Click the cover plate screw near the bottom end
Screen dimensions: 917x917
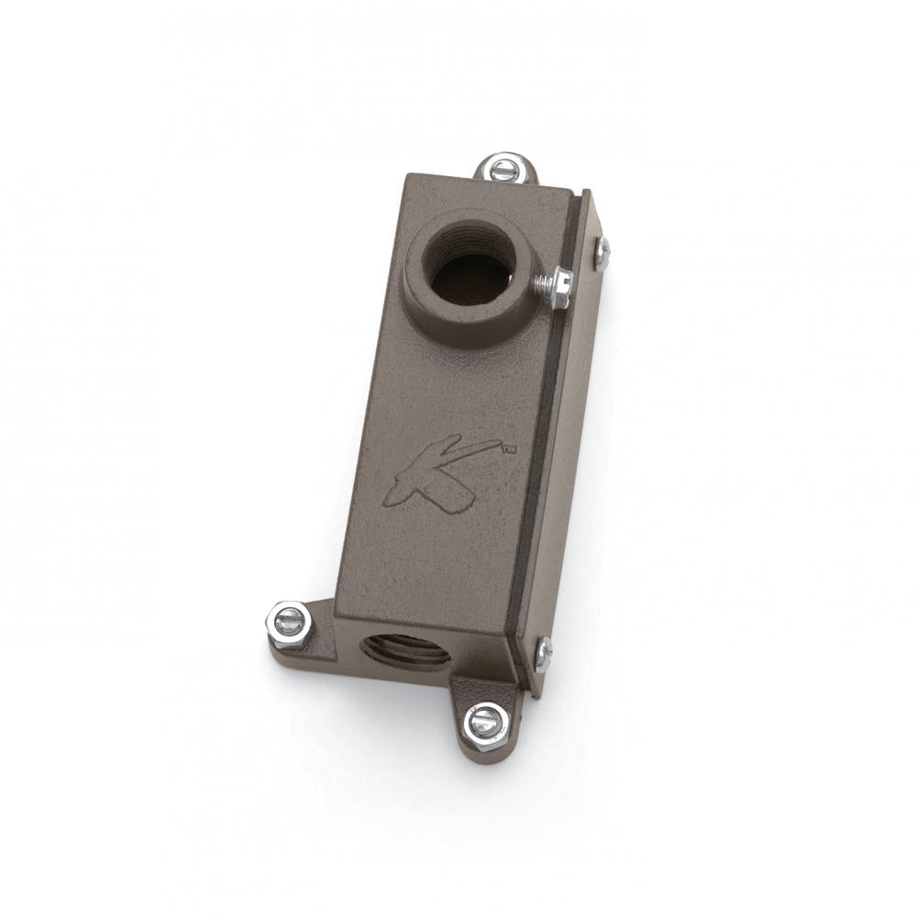pos(544,653)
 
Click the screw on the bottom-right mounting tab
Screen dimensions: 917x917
pos(485,722)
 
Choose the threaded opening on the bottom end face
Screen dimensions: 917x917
pos(404,651)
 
